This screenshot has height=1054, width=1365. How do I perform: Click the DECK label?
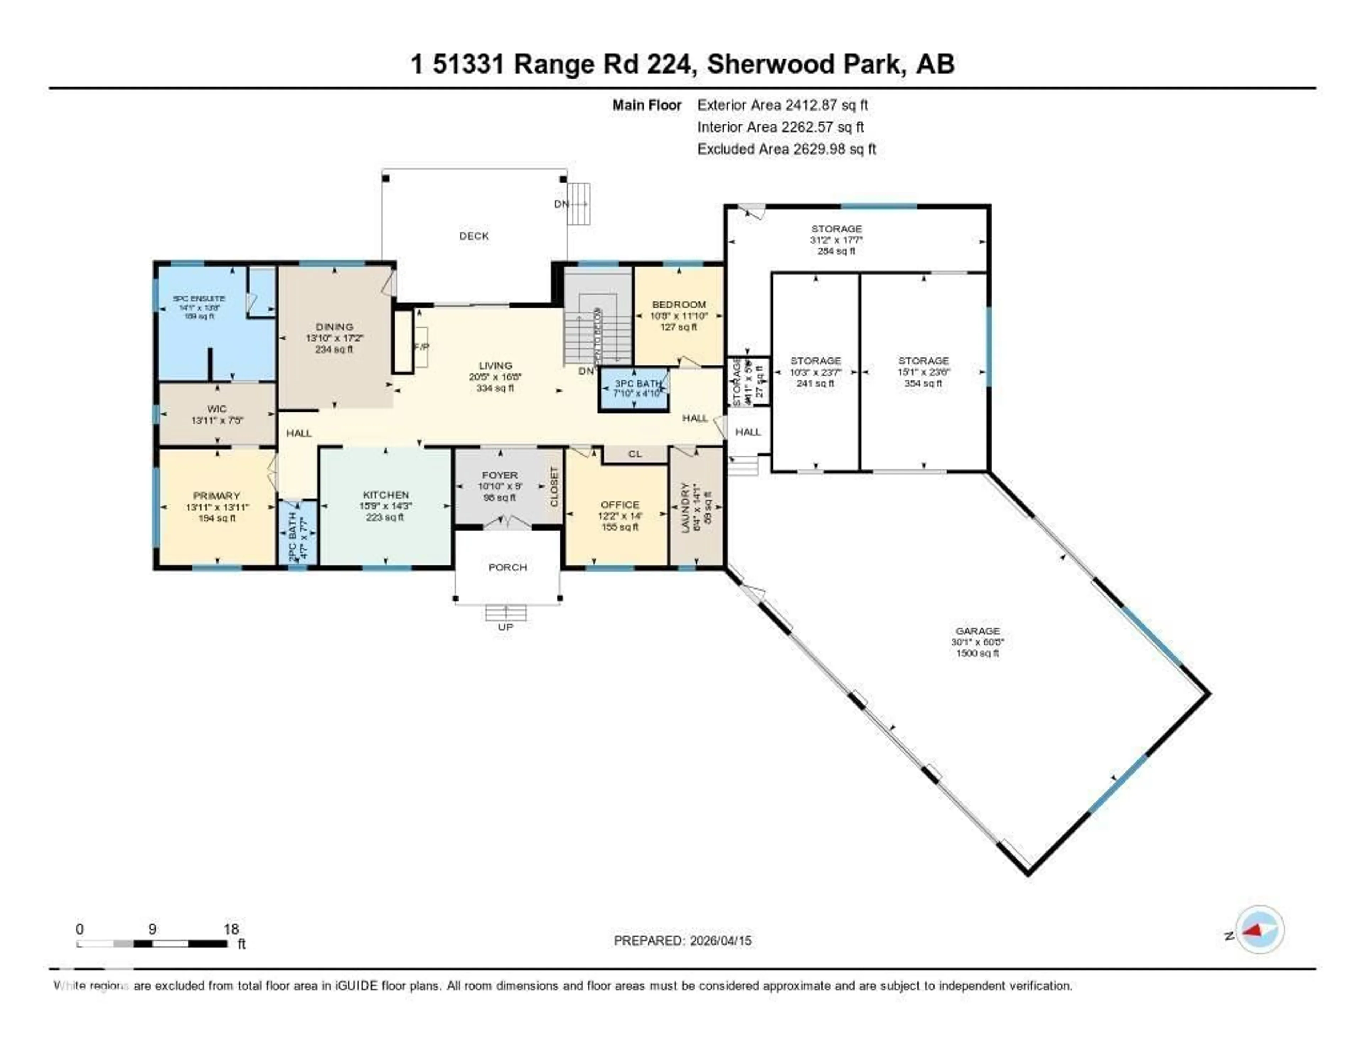pos(474,236)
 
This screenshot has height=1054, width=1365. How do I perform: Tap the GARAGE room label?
pos(977,631)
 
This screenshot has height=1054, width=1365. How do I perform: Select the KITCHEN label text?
pos(386,495)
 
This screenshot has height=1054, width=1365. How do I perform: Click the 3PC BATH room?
pos(634,389)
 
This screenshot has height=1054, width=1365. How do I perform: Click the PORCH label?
pos(508,567)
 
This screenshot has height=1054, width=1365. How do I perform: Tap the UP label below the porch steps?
pos(505,627)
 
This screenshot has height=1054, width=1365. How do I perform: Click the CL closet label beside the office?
pos(635,453)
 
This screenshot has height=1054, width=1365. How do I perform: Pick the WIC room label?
pos(217,409)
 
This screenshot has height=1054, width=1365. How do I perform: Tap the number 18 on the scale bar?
pos(231,929)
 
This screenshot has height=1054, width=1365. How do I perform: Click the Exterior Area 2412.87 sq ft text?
pos(782,105)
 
